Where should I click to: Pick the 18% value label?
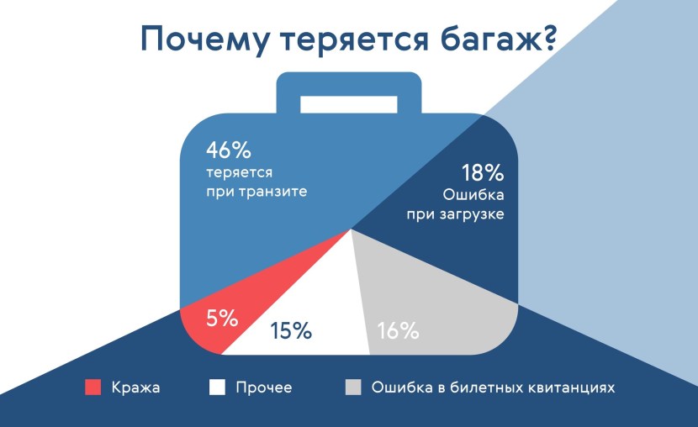(483, 174)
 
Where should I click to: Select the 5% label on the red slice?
(222, 319)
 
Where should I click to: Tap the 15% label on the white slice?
(291, 330)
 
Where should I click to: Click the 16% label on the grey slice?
(398, 330)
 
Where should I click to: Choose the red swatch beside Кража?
(93, 387)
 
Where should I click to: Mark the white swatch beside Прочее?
(218, 387)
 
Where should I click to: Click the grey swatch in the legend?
(353, 387)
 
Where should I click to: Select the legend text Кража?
(135, 387)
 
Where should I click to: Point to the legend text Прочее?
(263, 387)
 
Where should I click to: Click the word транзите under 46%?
(270, 191)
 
